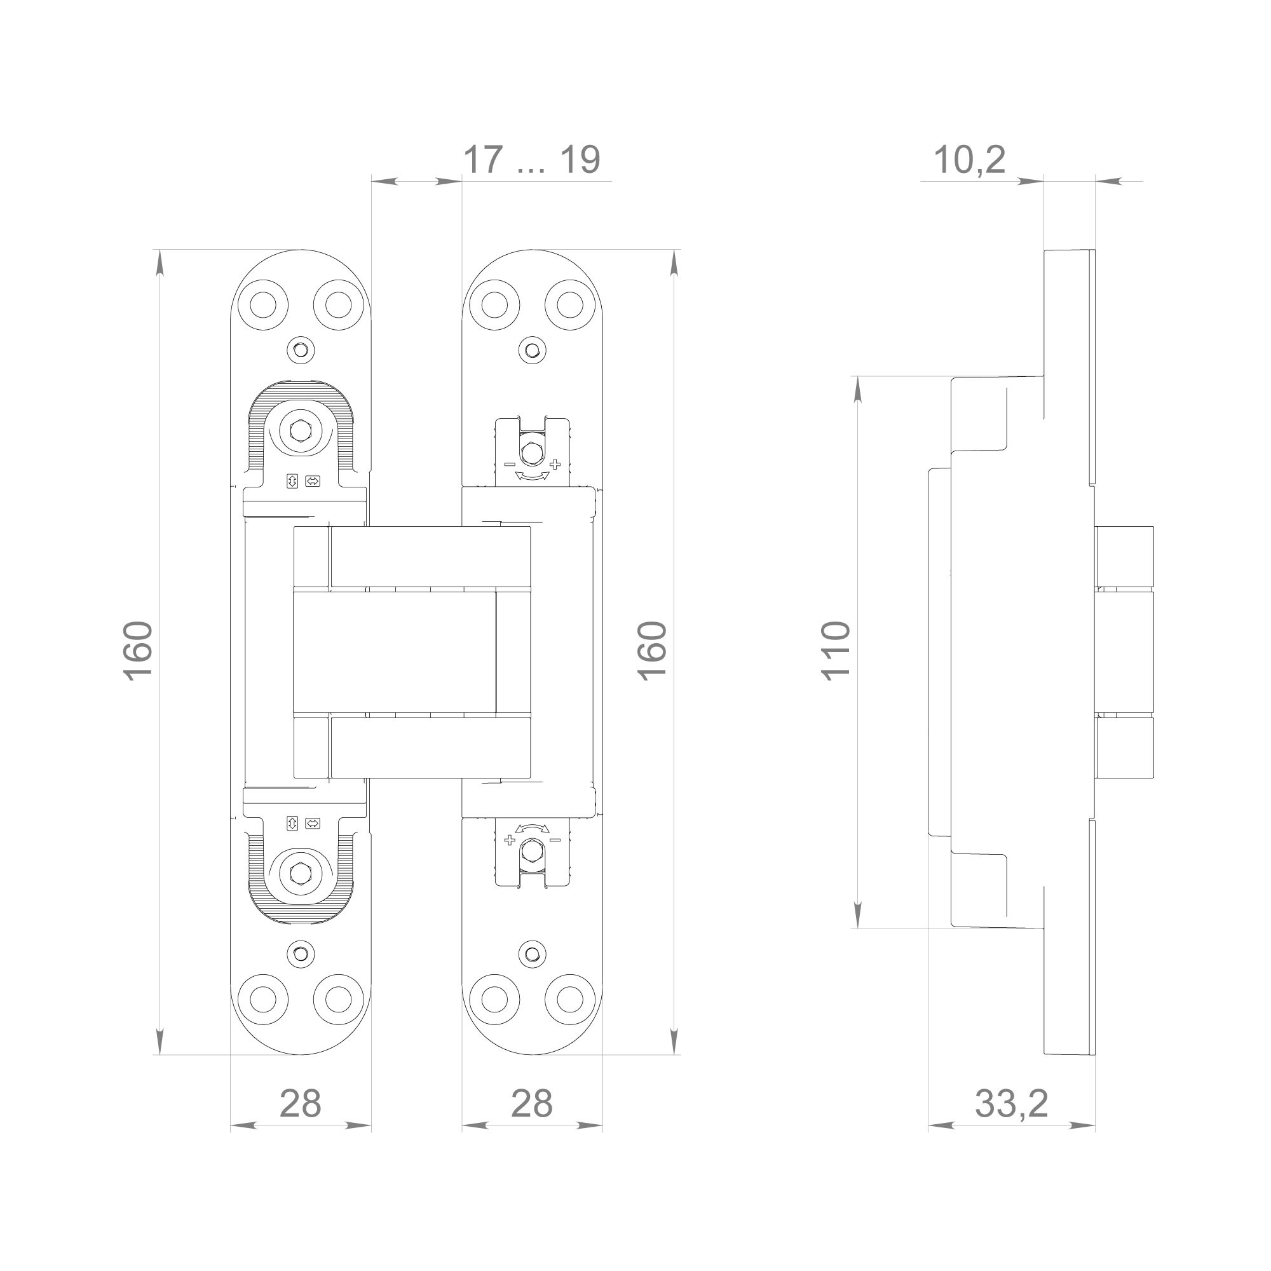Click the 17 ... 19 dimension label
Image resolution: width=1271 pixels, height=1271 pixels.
(531, 160)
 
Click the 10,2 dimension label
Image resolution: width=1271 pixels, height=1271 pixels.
(969, 160)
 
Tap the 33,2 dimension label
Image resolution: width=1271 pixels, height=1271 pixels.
(1011, 1103)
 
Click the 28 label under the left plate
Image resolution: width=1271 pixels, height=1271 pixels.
(300, 1103)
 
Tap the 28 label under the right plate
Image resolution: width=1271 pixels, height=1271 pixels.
(531, 1103)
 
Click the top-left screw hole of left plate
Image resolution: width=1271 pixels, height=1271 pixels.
(263, 304)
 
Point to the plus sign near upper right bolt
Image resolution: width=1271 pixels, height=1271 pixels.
(555, 465)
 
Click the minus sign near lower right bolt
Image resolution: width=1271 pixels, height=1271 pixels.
(555, 840)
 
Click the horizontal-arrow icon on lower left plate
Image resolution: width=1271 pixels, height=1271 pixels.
(313, 823)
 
